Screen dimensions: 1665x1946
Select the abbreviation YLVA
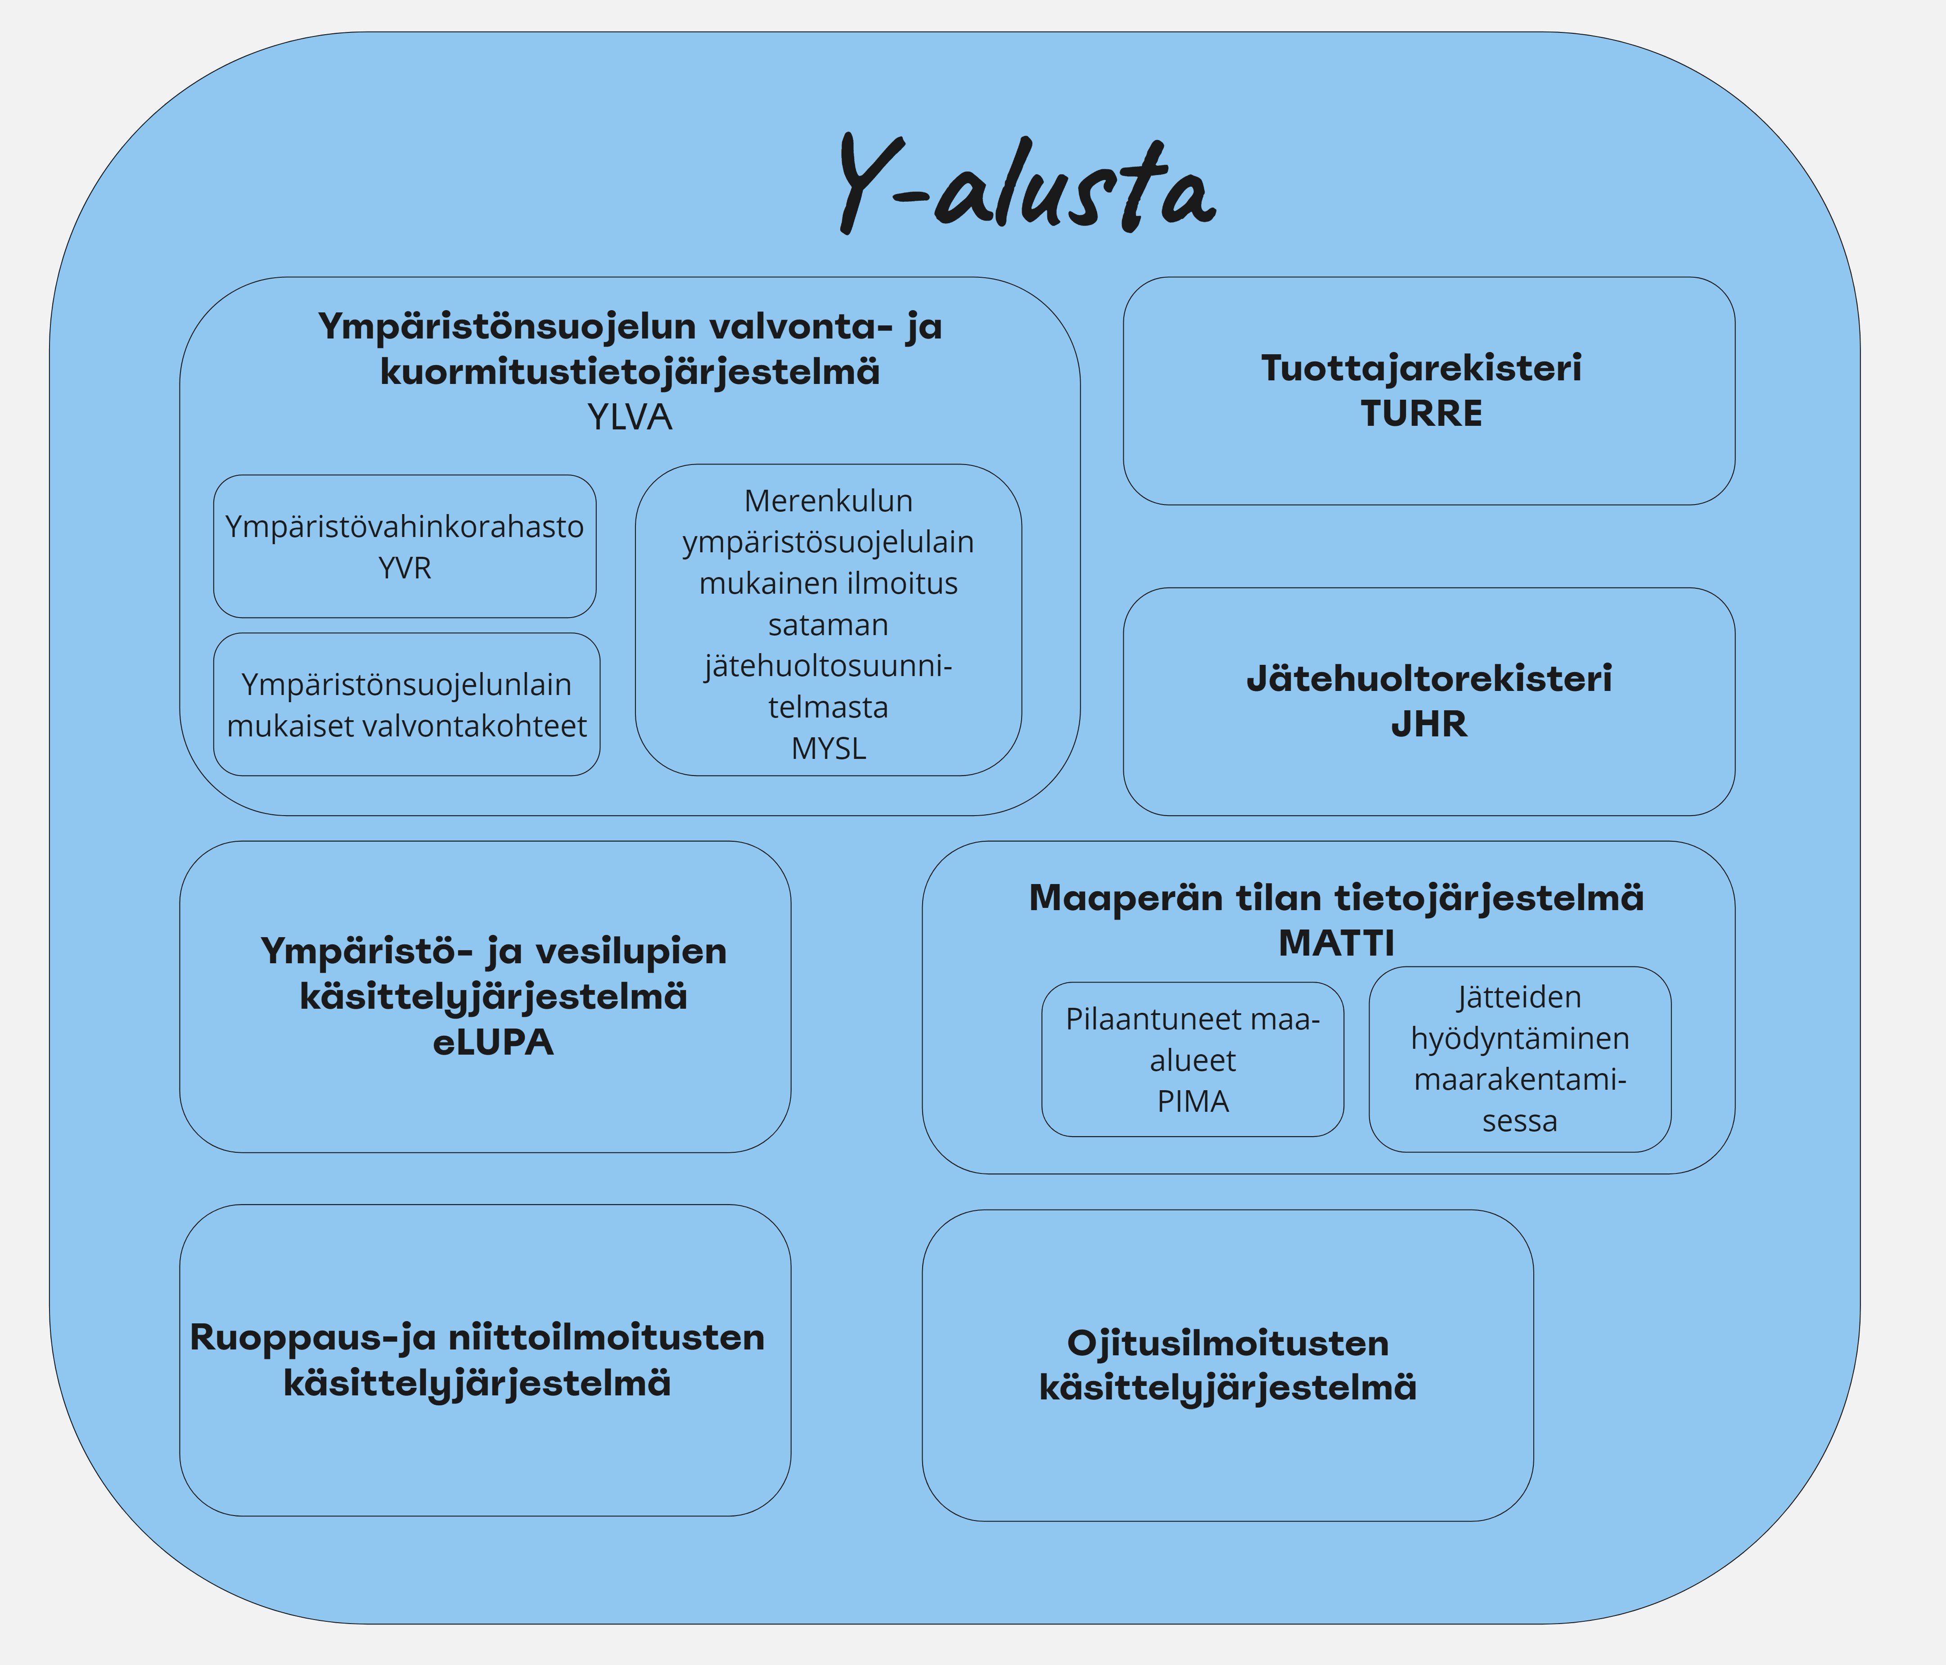pyautogui.click(x=629, y=417)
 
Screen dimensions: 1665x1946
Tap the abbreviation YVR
pyautogui.click(x=405, y=568)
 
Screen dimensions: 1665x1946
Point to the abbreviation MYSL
pyautogui.click(x=829, y=749)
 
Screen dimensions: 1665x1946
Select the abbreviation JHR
pyautogui.click(x=1428, y=724)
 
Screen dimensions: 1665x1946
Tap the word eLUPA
pyautogui.click(x=493, y=1042)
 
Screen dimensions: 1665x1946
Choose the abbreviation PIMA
pyautogui.click(x=1193, y=1101)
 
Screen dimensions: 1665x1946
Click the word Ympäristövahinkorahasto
pyautogui.click(x=405, y=527)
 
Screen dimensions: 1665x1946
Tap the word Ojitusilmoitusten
pyautogui.click(x=1228, y=1343)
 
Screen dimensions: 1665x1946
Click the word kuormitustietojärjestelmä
pyautogui.click(x=629, y=372)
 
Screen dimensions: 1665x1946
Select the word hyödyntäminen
pyautogui.click(x=1520, y=1038)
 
